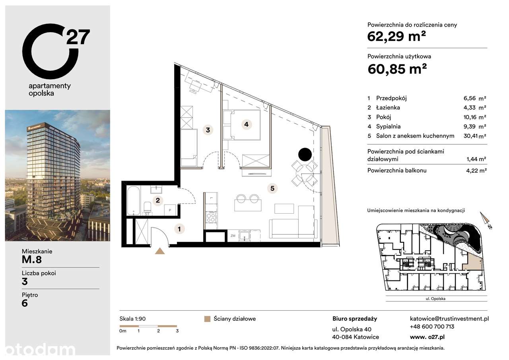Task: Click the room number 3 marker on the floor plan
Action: tap(208, 129)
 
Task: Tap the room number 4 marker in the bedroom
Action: tap(247, 124)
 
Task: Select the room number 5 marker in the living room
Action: tap(272, 188)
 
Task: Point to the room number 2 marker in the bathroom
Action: tap(158, 200)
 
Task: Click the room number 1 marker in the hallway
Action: tap(180, 228)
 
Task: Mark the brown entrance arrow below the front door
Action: tap(160, 251)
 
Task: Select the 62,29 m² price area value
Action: tap(396, 37)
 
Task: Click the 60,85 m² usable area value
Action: tap(397, 69)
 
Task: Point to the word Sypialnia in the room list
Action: tap(389, 126)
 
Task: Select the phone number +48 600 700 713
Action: tap(432, 327)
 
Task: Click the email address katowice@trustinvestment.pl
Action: tap(449, 319)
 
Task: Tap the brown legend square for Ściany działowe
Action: tap(206, 319)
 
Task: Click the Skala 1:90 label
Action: tap(133, 319)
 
